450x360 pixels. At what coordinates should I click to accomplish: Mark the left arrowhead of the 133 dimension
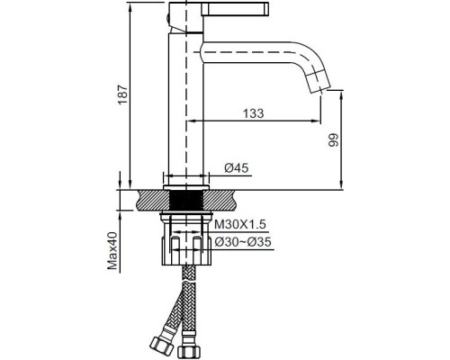pos(191,120)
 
